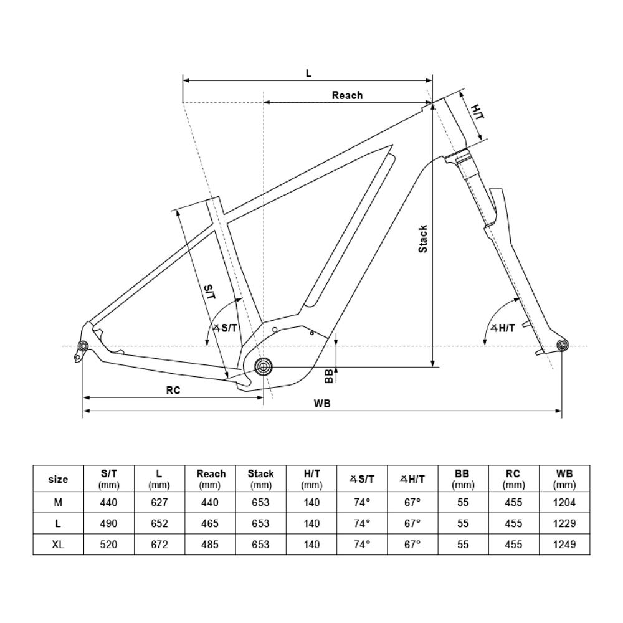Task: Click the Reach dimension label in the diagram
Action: point(347,95)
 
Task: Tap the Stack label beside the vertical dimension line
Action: point(423,239)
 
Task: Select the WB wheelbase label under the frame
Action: point(322,403)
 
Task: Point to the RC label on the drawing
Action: point(173,391)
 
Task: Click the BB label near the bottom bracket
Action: point(329,376)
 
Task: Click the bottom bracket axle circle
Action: point(263,366)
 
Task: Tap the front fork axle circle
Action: point(562,346)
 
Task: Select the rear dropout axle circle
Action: point(82,346)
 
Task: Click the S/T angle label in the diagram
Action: point(225,328)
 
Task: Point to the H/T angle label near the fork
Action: point(503,328)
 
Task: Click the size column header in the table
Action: point(58,480)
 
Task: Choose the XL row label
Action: point(58,545)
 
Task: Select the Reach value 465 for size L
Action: point(210,524)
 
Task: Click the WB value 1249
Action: point(564,545)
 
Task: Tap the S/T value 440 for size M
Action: point(108,503)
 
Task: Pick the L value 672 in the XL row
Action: point(159,545)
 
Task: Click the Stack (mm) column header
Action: point(260,479)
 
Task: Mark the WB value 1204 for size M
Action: point(564,503)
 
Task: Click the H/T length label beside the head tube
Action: point(477,112)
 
